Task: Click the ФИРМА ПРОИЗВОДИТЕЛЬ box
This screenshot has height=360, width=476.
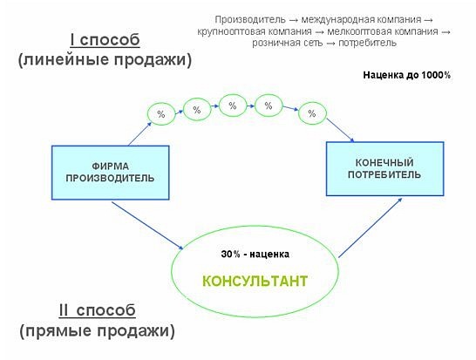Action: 110,173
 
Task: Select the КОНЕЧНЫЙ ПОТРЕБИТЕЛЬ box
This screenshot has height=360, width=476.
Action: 385,168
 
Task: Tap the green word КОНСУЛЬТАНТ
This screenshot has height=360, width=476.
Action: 255,281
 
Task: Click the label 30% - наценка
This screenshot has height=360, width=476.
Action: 255,254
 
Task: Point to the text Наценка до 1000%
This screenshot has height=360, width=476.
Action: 407,75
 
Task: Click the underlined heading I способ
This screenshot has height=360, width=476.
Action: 105,40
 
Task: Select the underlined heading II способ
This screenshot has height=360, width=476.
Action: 97,310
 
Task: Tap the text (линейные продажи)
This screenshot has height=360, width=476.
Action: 105,59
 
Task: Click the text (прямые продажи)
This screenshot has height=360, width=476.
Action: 97,330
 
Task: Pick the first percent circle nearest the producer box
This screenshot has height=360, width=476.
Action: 161,114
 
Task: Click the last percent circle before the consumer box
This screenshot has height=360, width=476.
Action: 312,113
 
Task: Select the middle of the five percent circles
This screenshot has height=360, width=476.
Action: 233,105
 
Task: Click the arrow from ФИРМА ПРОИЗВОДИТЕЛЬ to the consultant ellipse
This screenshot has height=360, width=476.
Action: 147,226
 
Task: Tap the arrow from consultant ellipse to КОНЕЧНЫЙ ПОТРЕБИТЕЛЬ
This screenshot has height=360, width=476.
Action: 371,228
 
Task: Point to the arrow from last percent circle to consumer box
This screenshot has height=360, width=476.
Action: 340,130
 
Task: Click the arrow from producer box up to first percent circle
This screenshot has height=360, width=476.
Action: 139,133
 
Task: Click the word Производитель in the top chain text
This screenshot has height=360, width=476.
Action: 250,20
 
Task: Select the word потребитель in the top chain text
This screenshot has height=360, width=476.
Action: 367,43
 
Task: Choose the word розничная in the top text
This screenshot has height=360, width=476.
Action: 278,43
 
